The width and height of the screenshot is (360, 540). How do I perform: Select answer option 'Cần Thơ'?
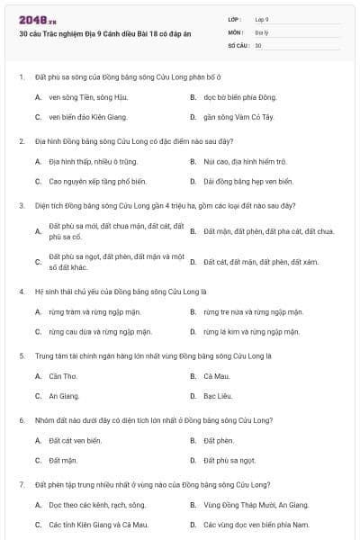click(64, 375)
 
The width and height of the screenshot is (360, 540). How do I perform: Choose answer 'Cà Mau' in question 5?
click(217, 375)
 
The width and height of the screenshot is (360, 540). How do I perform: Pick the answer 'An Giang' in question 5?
click(65, 395)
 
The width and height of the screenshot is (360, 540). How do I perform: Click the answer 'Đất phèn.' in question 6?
click(219, 440)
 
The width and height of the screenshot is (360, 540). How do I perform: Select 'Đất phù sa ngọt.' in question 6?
click(229, 460)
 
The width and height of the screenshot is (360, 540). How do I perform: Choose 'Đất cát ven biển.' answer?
click(76, 440)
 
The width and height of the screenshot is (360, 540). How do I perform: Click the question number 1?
click(21, 76)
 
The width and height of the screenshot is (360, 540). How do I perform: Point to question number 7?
click(21, 484)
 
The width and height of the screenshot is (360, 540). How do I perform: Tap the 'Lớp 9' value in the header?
click(261, 19)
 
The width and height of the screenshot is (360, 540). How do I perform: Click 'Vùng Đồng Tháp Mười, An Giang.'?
click(256, 505)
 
